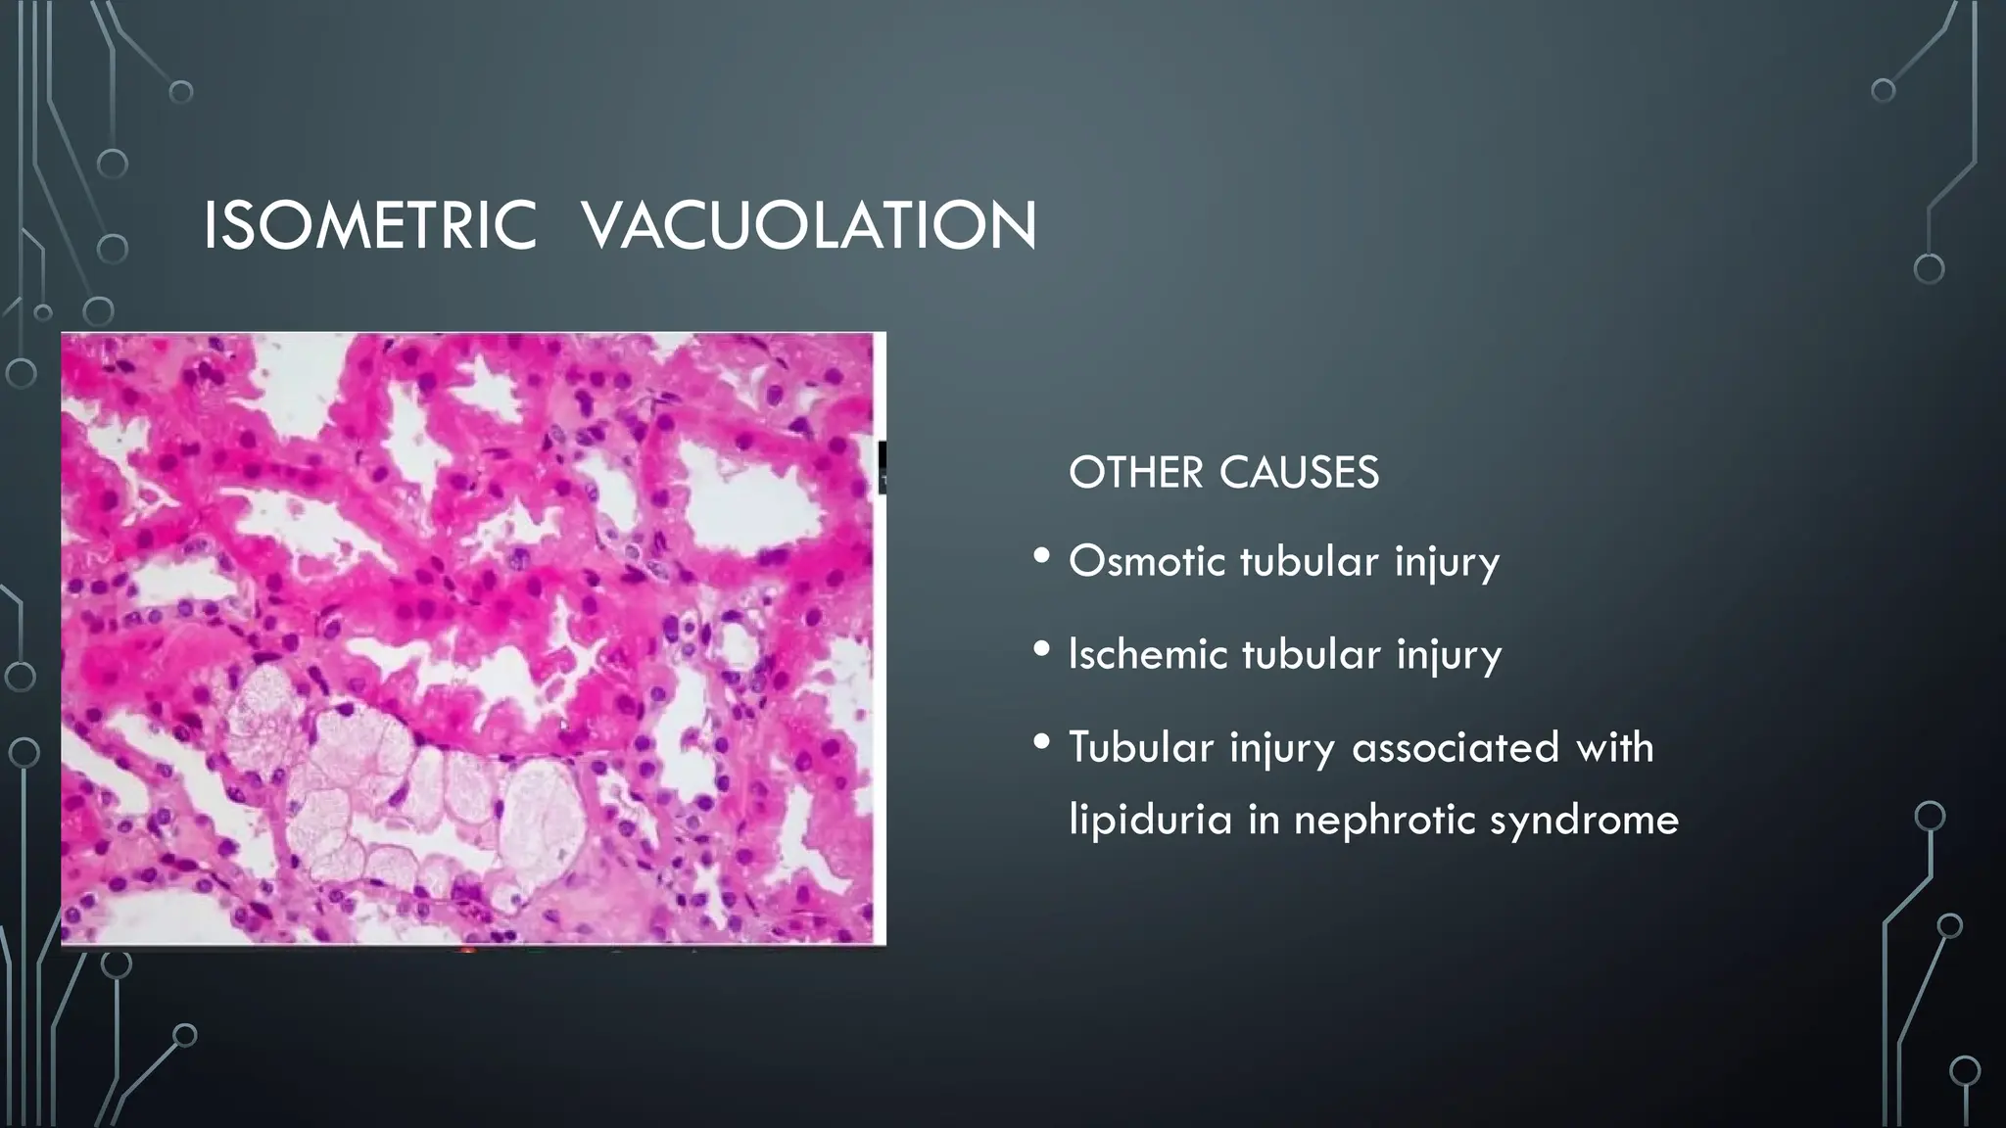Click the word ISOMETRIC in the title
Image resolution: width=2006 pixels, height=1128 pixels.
click(369, 226)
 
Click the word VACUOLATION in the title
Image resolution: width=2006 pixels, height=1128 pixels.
click(809, 226)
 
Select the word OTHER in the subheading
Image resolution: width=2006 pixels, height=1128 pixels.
click(1135, 473)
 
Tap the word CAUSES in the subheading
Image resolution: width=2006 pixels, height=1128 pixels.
click(1300, 473)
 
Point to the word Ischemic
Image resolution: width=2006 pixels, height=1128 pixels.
click(1147, 654)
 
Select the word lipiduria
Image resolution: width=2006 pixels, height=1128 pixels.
click(1150, 820)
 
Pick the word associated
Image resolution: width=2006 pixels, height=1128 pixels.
click(1455, 747)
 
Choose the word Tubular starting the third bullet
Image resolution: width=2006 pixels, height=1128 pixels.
click(1141, 747)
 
